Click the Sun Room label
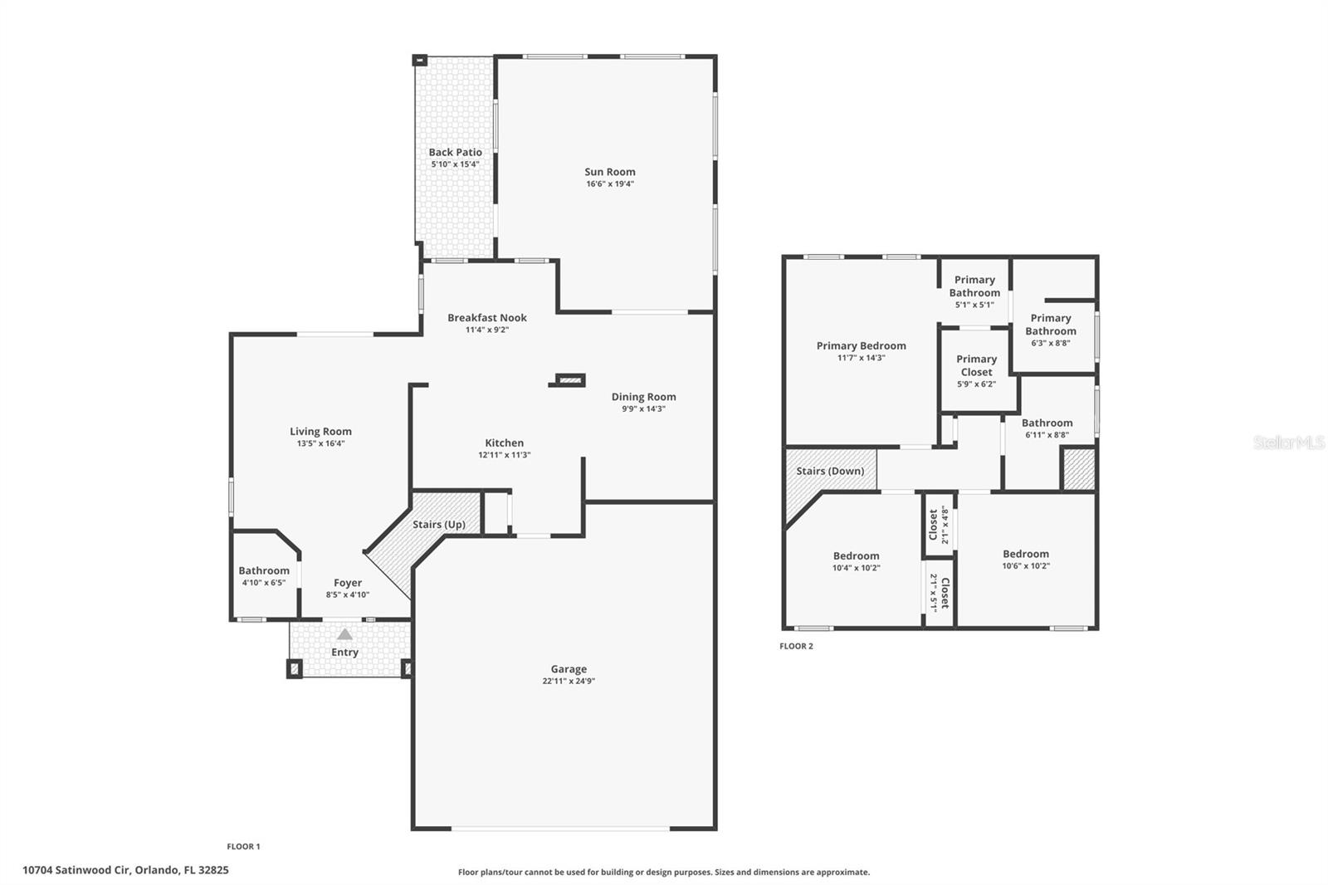(609, 172)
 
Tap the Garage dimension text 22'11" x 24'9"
(569, 682)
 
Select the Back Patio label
(455, 152)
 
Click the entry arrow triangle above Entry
(344, 634)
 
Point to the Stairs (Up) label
(439, 525)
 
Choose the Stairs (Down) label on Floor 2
(830, 471)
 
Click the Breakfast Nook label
(486, 317)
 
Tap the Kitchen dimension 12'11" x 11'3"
(504, 455)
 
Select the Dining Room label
(643, 397)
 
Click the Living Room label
(320, 431)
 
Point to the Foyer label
(348, 583)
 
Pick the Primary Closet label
(976, 365)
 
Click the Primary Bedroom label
(861, 345)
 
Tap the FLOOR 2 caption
(796, 646)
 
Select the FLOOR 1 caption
(243, 847)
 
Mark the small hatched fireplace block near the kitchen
(569, 380)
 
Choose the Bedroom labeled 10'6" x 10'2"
(1025, 554)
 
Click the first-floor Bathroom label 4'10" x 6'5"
(264, 570)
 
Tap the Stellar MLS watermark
(1288, 442)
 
